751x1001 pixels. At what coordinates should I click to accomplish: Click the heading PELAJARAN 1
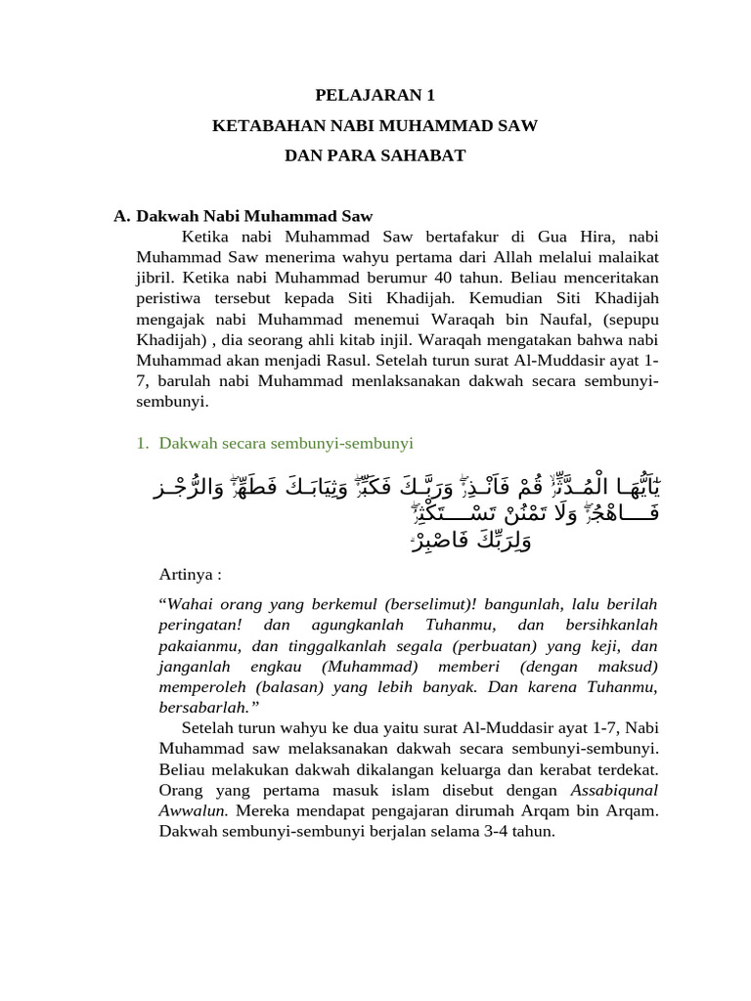tap(375, 95)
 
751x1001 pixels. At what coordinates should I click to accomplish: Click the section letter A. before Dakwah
tap(122, 216)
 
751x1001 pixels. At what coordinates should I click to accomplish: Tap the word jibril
tap(155, 278)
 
